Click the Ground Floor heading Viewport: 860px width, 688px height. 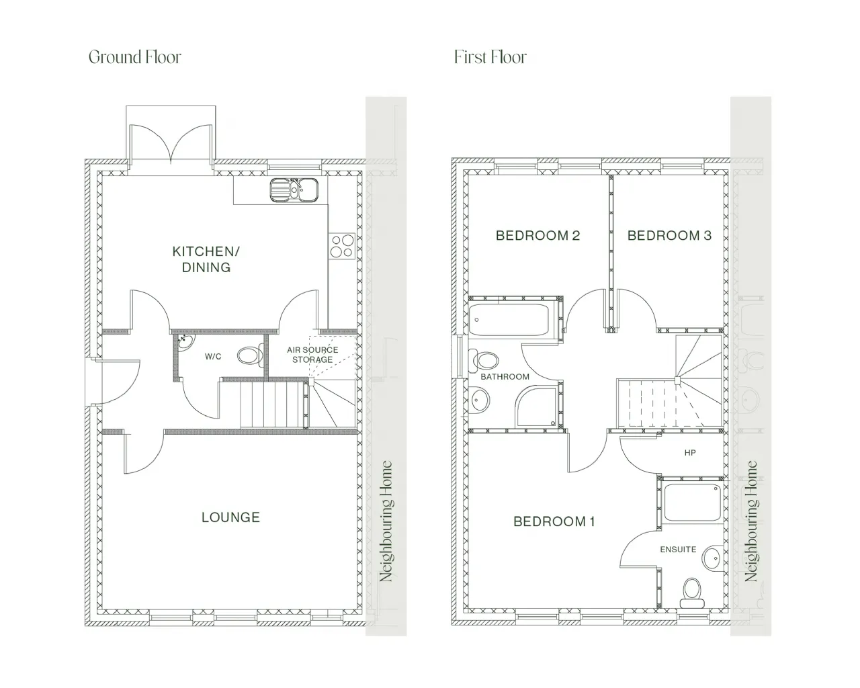coord(134,57)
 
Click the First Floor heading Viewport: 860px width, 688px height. coord(490,57)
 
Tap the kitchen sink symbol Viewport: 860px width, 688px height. coord(294,190)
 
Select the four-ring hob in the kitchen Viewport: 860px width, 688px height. coord(342,246)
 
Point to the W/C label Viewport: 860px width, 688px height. coord(213,357)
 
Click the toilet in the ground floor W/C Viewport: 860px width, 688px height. coord(250,355)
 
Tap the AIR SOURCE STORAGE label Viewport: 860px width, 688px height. coord(312,355)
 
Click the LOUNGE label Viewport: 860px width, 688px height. coord(230,517)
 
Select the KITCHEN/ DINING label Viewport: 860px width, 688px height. coord(206,259)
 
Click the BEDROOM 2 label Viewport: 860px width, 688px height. coord(538,235)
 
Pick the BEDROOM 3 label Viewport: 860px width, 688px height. coord(670,235)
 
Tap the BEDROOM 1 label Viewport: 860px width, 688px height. coord(554,521)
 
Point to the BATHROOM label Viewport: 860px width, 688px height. coord(505,376)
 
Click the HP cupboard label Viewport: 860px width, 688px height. coord(690,453)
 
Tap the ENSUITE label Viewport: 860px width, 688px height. coord(678,550)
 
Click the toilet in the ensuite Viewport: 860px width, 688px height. coord(692,593)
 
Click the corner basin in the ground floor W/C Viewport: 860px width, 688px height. coord(184,343)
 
